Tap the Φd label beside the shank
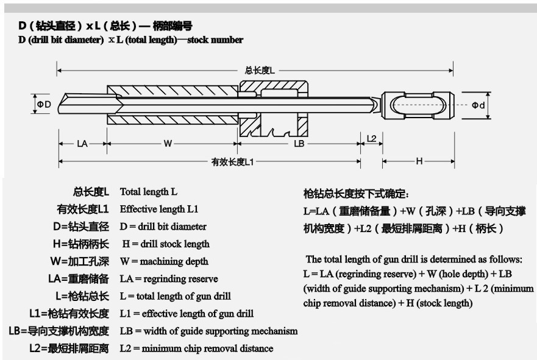click(479, 105)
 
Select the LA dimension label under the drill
click(82, 144)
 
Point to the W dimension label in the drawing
click(168, 144)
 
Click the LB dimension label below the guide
click(299, 144)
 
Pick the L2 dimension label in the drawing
click(371, 138)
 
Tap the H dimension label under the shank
click(419, 161)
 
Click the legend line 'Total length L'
click(149, 192)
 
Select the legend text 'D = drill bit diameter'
click(163, 227)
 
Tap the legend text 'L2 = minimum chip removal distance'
click(196, 348)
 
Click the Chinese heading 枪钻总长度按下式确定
click(356, 194)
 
